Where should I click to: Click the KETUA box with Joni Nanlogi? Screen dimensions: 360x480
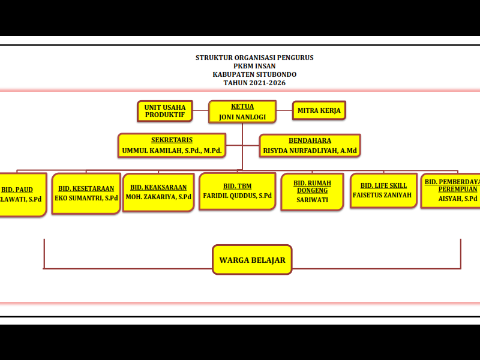coord(242,112)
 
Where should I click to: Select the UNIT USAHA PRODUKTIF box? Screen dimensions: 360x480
coord(164,110)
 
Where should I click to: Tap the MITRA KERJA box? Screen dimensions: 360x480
coord(319,110)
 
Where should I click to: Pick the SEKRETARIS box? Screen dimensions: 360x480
coord(172,145)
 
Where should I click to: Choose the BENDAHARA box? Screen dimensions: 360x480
coord(310,145)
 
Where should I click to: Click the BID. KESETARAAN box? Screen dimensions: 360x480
coord(86,193)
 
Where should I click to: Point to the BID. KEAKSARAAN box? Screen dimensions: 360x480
coord(158,192)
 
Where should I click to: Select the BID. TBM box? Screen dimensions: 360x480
coord(237,191)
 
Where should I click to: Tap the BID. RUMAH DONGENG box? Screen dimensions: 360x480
coord(312,191)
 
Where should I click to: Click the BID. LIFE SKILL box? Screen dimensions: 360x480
coord(383,190)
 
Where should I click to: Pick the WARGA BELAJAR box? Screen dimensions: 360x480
coord(252,260)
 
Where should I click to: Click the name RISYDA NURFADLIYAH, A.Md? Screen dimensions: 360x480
coord(310,151)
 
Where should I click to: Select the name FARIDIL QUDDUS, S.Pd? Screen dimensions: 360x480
coord(237,196)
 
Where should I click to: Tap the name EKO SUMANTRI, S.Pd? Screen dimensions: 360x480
coord(86,197)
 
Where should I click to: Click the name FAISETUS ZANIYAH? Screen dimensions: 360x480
coord(382,195)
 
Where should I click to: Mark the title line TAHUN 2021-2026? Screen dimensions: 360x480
coord(254,83)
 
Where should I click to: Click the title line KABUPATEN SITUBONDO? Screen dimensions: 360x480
coord(254,74)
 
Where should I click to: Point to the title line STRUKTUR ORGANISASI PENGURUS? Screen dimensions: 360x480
coord(254,58)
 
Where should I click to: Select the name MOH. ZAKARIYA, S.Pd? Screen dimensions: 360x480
coord(158,197)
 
